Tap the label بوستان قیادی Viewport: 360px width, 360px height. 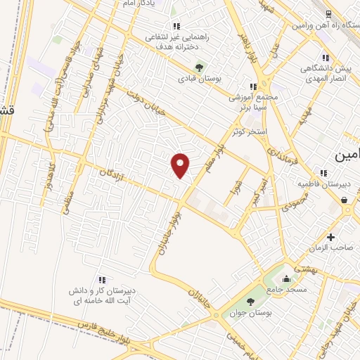point(200,79)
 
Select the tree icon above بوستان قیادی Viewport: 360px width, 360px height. point(200,67)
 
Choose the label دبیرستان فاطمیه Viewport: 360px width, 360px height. point(324,185)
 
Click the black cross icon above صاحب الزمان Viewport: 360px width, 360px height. point(330,236)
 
